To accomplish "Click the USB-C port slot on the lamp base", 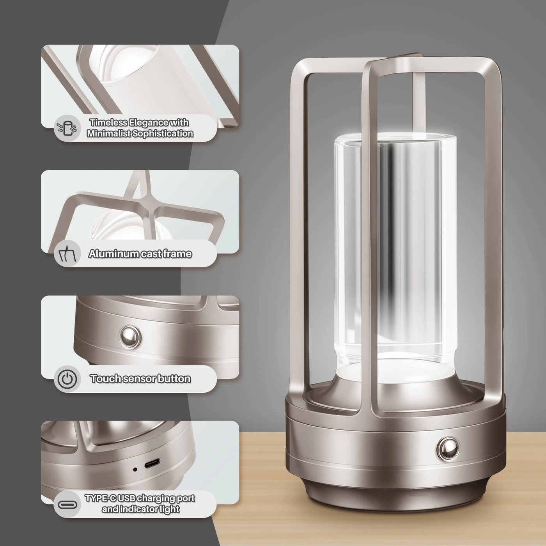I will (x=152, y=464).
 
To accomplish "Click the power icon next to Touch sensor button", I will (x=67, y=379).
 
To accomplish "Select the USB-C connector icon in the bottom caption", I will (x=67, y=504).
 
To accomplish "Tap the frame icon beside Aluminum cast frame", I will (x=67, y=254).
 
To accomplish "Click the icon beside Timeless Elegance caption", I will (x=67, y=128).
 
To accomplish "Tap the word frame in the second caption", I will (x=177, y=254).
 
